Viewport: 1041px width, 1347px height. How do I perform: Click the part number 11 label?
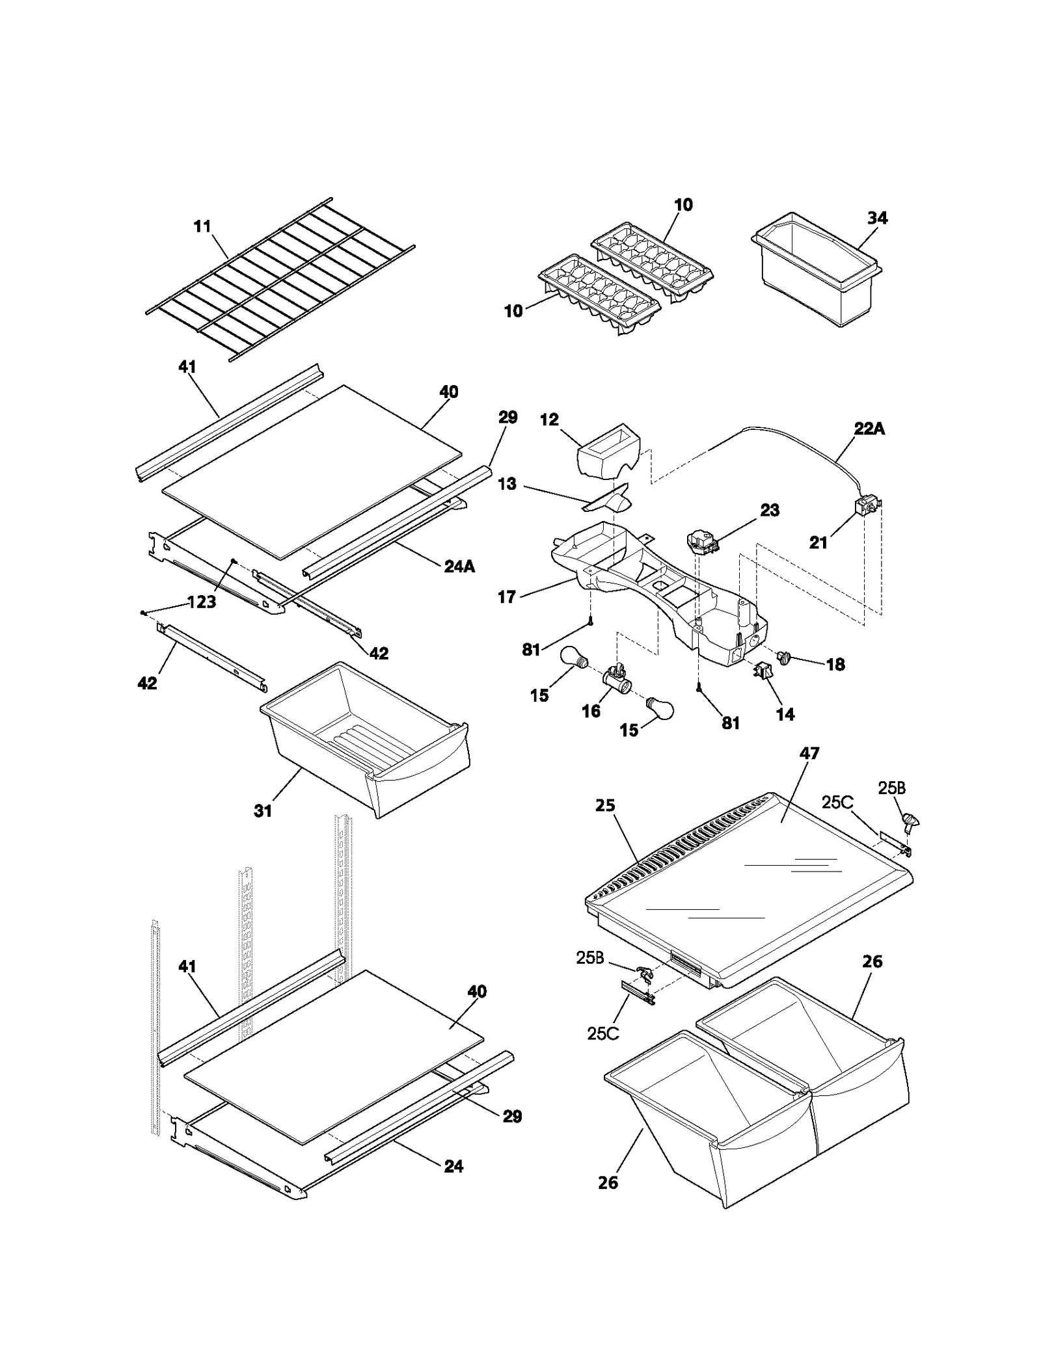click(x=202, y=226)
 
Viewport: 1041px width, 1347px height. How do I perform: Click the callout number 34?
click(x=877, y=218)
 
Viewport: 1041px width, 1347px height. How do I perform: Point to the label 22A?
click(x=869, y=429)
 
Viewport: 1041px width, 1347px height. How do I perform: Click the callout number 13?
click(x=507, y=484)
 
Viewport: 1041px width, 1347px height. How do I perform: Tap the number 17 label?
click(x=507, y=596)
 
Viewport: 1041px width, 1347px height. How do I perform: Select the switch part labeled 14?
click(x=762, y=671)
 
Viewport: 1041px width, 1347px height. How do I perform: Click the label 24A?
click(x=459, y=567)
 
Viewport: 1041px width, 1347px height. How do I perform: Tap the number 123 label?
click(x=202, y=602)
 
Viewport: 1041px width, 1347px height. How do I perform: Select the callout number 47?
click(x=809, y=753)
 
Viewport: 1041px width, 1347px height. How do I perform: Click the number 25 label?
click(x=605, y=805)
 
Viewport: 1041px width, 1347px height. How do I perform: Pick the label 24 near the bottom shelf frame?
click(x=453, y=1166)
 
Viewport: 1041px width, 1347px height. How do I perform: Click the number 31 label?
click(x=263, y=810)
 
